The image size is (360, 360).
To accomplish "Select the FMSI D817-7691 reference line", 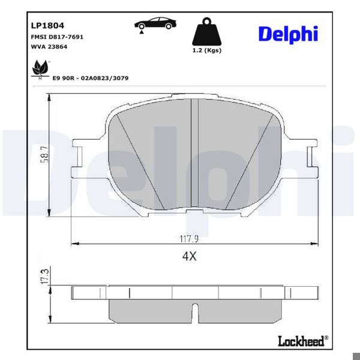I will coord(56,37).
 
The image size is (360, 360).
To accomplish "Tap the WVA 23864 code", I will coord(49,46).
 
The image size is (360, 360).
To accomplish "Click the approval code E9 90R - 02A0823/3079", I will coord(91,79).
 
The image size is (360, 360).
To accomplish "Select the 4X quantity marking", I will coord(190,256).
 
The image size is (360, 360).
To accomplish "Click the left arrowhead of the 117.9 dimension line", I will coord(74,244).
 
